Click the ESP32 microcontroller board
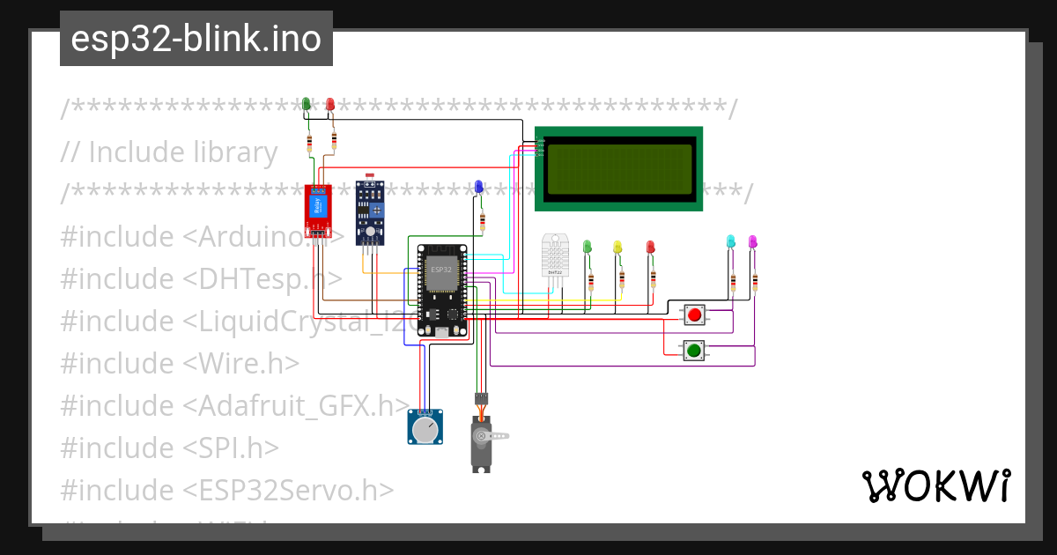(443, 291)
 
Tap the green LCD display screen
(618, 169)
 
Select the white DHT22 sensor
(555, 255)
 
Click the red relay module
(317, 211)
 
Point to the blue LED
(478, 187)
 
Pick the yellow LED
(617, 248)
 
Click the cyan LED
(730, 241)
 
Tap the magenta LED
(752, 241)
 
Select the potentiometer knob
(425, 428)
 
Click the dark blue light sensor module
(370, 212)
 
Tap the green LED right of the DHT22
(588, 247)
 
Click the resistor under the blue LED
(482, 220)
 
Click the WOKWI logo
(935, 485)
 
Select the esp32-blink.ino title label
(196, 39)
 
